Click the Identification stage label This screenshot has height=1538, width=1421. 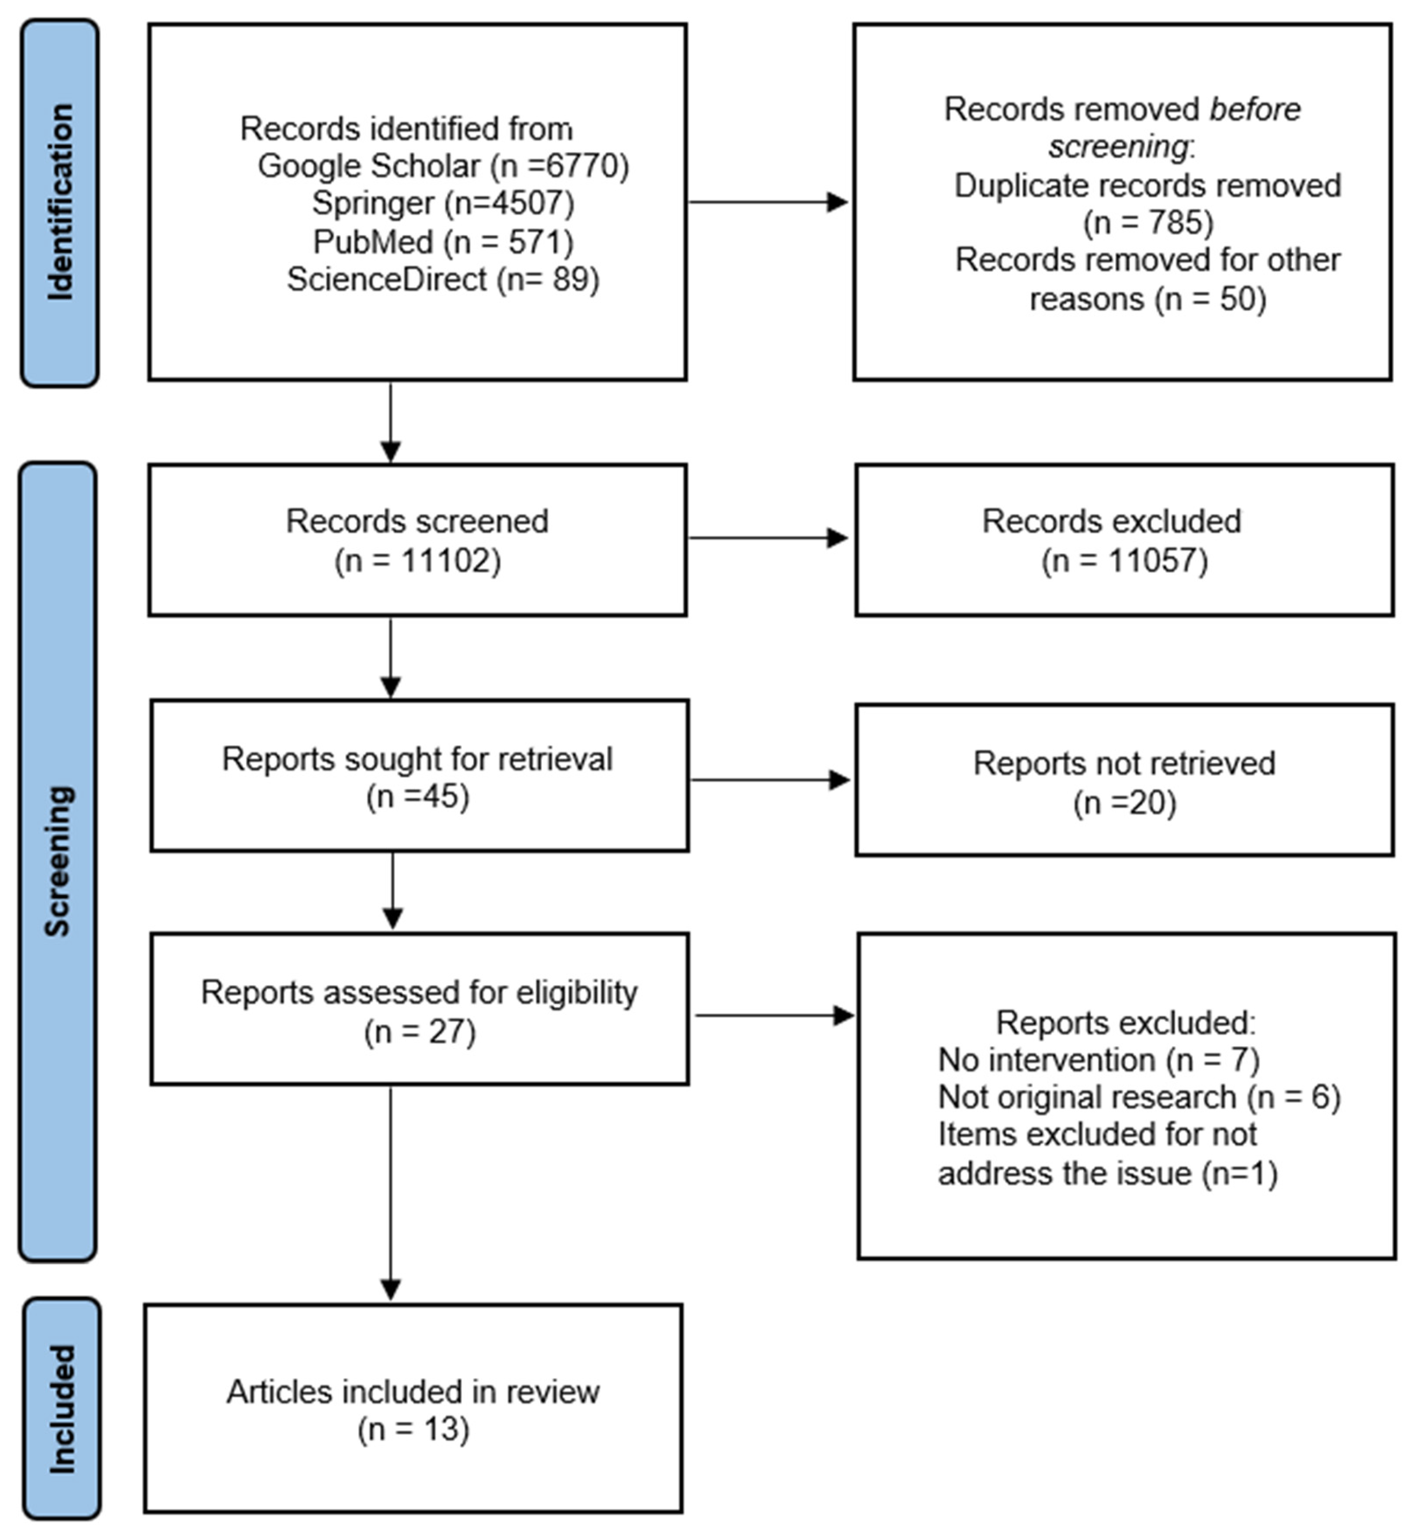[x=60, y=202]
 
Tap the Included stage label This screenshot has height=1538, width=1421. [x=62, y=1409]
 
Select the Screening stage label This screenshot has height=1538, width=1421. [x=58, y=861]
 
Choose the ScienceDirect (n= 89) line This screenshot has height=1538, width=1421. [x=443, y=279]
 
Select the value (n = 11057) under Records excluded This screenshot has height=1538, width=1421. [x=1124, y=561]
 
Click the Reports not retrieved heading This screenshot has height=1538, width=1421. [x=1124, y=764]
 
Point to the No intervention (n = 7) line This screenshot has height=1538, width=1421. [x=1098, y=1061]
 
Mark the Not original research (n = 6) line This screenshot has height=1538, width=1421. [x=1139, y=1097]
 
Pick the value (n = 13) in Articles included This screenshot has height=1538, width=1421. [x=413, y=1430]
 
